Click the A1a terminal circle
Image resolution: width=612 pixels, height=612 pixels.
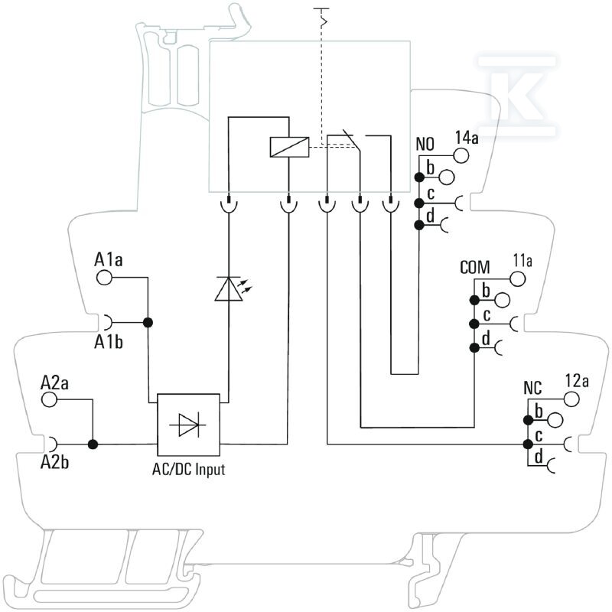tap(104, 278)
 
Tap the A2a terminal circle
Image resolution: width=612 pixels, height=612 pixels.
tap(49, 399)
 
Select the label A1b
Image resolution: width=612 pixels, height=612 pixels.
tap(109, 342)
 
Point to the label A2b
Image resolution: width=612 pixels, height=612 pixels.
tap(54, 462)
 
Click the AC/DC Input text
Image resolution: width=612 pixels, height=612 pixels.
tap(188, 469)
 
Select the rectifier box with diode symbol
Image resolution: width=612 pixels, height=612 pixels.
tap(188, 425)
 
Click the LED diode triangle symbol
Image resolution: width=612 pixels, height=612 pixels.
tap(229, 289)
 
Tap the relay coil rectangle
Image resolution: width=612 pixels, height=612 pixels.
tap(290, 147)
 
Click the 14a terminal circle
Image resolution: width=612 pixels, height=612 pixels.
tap(461, 155)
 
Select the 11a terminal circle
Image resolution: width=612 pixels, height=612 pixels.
tap(518, 279)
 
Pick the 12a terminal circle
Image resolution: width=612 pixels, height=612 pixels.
tap(571, 399)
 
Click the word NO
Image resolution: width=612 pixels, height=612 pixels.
tap(425, 144)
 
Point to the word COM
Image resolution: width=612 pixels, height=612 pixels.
tap(474, 267)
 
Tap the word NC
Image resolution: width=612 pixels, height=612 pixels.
tap(532, 388)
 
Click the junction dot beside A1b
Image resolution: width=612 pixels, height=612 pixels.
tap(148, 323)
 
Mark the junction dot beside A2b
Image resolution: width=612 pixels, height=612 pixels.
tap(93, 444)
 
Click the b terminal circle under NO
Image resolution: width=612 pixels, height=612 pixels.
tap(447, 177)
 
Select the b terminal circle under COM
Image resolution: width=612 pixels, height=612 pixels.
tap(503, 300)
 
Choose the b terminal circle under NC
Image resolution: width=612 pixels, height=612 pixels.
tap(555, 420)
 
